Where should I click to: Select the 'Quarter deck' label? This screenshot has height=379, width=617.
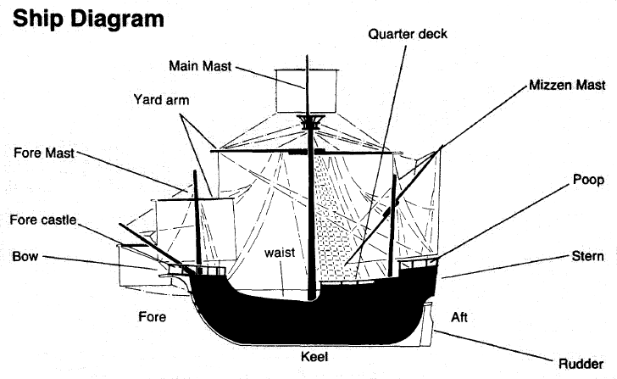(408, 34)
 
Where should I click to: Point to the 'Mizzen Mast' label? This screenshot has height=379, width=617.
(567, 86)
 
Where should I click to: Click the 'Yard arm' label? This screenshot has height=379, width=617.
(161, 99)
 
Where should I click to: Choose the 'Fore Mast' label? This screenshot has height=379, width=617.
(43, 153)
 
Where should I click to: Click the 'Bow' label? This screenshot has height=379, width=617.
(25, 256)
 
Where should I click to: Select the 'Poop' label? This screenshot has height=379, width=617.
(588, 180)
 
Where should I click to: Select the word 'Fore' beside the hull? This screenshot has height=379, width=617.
(152, 317)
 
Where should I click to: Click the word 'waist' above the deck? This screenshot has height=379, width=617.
(278, 253)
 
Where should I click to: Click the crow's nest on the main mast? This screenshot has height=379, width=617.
(310, 122)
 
